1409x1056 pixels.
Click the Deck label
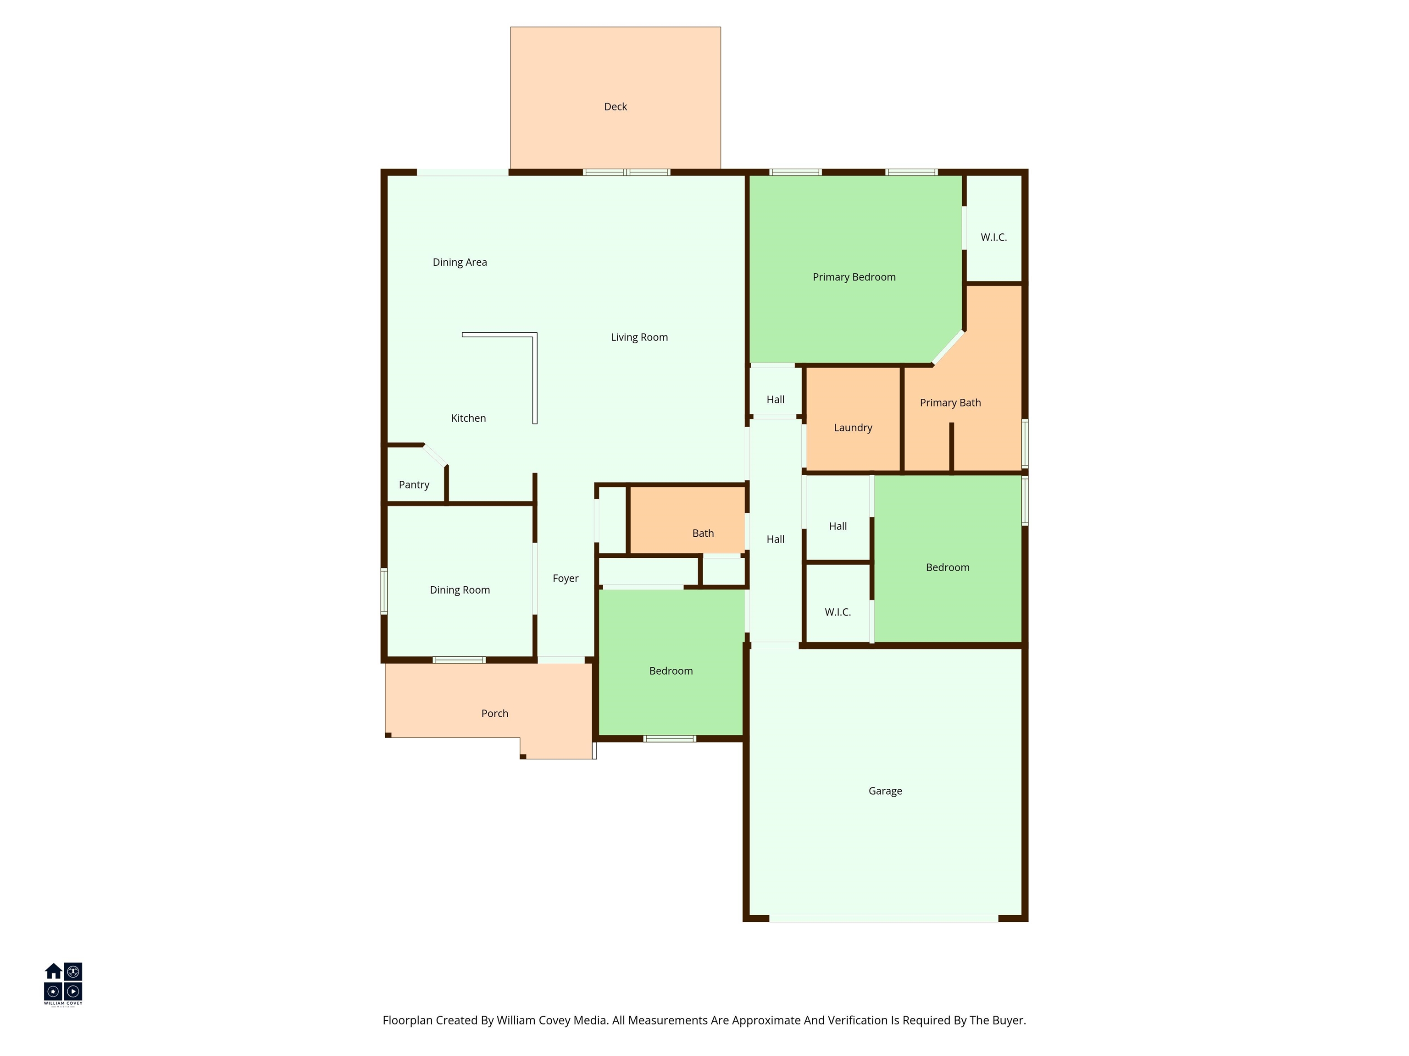click(616, 107)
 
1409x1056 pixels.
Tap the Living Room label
click(639, 337)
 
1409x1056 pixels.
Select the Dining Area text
click(459, 262)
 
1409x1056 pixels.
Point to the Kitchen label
click(468, 418)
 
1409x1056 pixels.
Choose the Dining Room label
click(459, 590)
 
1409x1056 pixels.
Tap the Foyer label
click(565, 578)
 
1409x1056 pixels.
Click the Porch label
click(494, 714)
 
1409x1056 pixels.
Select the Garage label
click(885, 791)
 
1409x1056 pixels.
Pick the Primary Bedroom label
click(854, 277)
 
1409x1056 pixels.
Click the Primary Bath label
click(950, 402)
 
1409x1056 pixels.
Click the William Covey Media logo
click(63, 984)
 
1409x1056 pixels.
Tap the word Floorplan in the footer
click(407, 1020)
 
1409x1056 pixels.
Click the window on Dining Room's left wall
click(384, 591)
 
